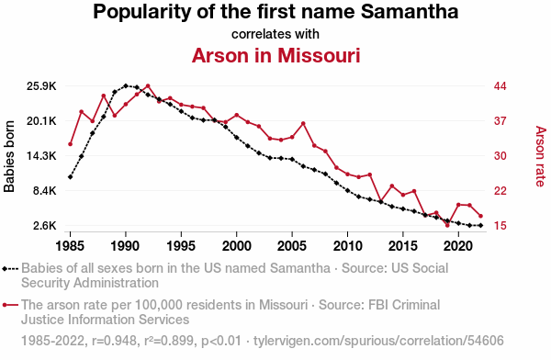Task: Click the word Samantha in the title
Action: tap(410, 12)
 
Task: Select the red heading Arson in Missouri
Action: tap(275, 55)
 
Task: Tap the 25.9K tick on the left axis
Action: tap(41, 86)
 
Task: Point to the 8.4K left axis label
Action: tap(45, 191)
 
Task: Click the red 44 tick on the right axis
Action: tap(500, 86)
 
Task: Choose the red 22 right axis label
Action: tap(500, 191)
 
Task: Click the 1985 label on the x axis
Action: tap(70, 246)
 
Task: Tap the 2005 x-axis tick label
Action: tap(292, 246)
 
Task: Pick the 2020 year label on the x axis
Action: tap(458, 246)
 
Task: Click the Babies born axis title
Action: tap(9, 156)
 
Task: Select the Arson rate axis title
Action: tap(541, 156)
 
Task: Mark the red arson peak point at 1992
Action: tap(148, 85)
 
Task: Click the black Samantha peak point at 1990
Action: tap(126, 85)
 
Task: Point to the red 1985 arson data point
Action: tap(71, 144)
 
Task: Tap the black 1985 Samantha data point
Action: tap(71, 177)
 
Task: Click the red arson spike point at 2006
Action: tap(303, 123)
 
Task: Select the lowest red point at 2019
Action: tap(447, 225)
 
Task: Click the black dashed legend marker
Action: tap(10, 269)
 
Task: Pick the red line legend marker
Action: tap(10, 305)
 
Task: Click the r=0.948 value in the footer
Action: tap(114, 341)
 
